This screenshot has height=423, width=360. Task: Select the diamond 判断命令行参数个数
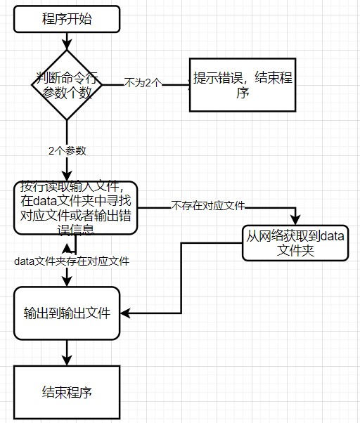67,84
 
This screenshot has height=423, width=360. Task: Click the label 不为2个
143,82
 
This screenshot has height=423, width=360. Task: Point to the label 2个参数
67,150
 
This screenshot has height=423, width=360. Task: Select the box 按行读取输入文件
76,207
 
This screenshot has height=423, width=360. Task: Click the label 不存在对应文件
207,206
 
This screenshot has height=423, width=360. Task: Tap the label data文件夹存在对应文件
72,261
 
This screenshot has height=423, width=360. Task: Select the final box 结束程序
67,391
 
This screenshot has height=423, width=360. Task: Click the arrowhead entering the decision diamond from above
67,46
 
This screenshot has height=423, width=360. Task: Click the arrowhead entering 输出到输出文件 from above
67,281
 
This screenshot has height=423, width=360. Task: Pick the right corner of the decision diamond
102,84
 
